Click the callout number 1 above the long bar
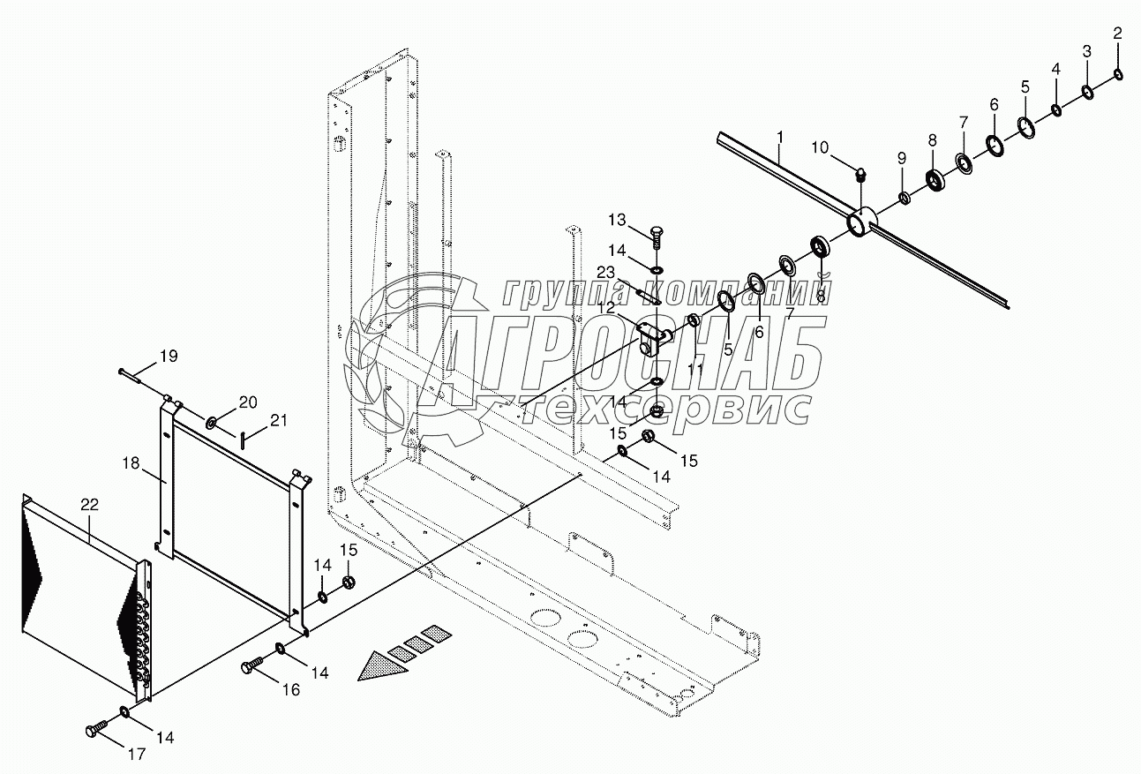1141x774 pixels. click(x=780, y=138)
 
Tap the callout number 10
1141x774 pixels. click(x=821, y=147)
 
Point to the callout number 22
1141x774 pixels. click(x=90, y=506)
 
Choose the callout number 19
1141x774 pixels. click(x=168, y=357)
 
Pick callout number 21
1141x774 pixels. click(x=279, y=421)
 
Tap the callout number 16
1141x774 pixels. click(x=290, y=689)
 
